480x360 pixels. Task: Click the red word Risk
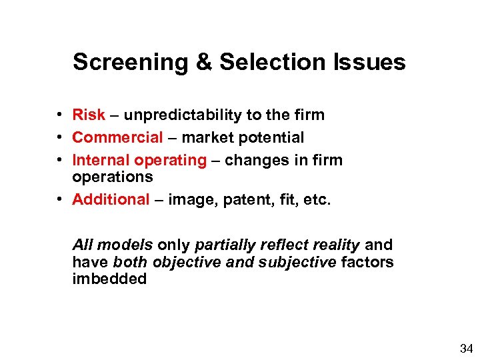89,115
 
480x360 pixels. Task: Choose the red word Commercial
117,137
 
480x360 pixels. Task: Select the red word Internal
101,160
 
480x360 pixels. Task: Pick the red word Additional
111,199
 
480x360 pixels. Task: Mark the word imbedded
109,279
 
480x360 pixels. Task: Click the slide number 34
465,348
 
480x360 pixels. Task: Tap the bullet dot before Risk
60,115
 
